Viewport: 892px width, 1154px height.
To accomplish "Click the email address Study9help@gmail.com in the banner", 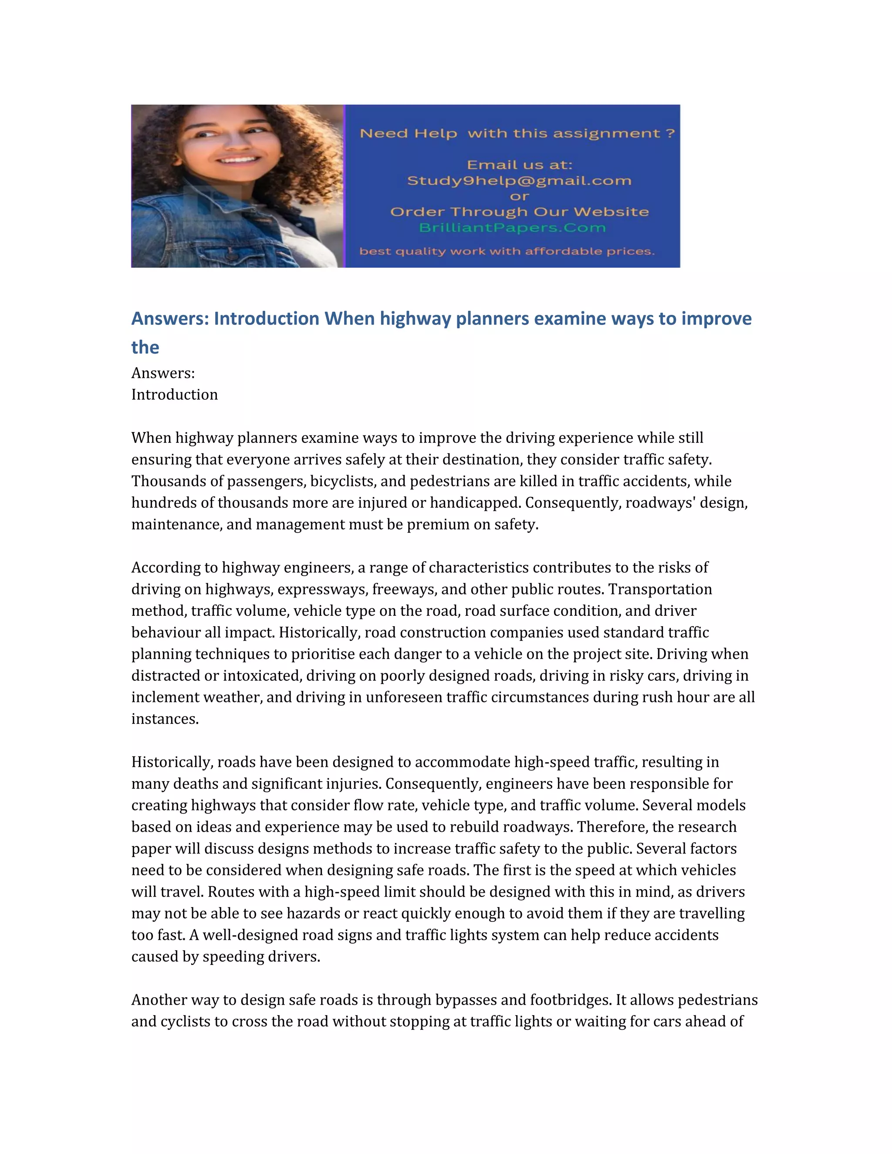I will [x=519, y=181].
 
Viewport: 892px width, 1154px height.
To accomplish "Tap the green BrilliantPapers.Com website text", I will [x=512, y=228].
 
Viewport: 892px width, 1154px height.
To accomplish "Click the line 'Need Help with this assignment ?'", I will [x=517, y=133].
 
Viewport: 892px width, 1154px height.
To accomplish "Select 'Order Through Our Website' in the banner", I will [x=519, y=212].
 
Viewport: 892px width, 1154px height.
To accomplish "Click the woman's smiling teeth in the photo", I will [x=238, y=159].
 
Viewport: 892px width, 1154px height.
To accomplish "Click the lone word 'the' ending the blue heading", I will [x=145, y=347].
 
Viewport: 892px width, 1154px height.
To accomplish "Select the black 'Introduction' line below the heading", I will [x=174, y=395].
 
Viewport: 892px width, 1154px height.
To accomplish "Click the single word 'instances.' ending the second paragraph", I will [x=165, y=719].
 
